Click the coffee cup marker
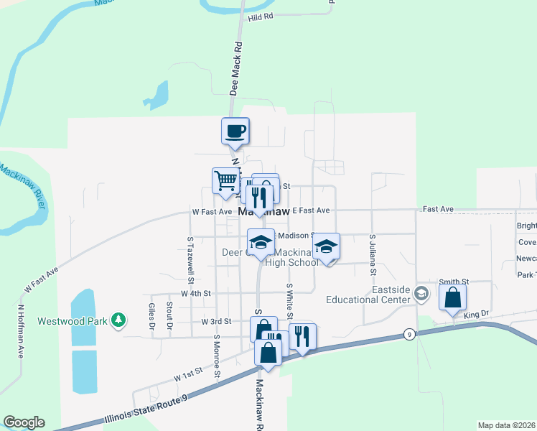pyautogui.click(x=235, y=131)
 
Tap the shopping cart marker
pyautogui.click(x=225, y=181)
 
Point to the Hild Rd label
pyautogui.click(x=261, y=17)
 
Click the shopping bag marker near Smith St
pyautogui.click(x=452, y=297)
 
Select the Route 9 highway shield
pyautogui.click(x=408, y=334)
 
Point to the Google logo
pyautogui.click(x=24, y=422)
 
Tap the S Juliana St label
pyautogui.click(x=373, y=254)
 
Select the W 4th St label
pyautogui.click(x=196, y=293)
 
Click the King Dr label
pyautogui.click(x=476, y=315)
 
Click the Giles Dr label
pyautogui.click(x=151, y=317)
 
